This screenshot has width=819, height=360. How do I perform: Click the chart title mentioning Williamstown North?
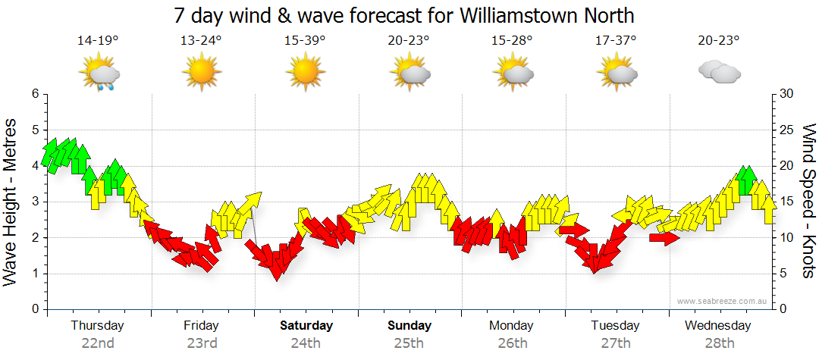pyautogui.click(x=403, y=15)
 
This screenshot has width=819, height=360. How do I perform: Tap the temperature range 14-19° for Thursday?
pyautogui.click(x=98, y=40)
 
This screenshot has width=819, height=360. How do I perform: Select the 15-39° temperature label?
pyautogui.click(x=305, y=40)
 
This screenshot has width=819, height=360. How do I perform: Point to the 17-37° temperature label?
pyautogui.click(x=616, y=40)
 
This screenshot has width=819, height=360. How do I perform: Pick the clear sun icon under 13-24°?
pyautogui.click(x=201, y=73)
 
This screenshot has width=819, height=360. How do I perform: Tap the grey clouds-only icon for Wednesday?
pyautogui.click(x=719, y=73)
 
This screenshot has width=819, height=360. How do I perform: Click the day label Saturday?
pyautogui.click(x=306, y=326)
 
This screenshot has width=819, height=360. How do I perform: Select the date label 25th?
pyautogui.click(x=409, y=343)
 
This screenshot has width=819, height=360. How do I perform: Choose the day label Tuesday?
pyautogui.click(x=615, y=326)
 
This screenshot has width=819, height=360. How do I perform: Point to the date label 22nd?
pyautogui.click(x=98, y=343)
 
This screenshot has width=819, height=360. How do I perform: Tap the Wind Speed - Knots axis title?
pyautogui.click(x=808, y=201)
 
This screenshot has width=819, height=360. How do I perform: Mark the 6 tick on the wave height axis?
pyautogui.click(x=34, y=94)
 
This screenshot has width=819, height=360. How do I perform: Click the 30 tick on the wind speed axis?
pyautogui.click(x=787, y=94)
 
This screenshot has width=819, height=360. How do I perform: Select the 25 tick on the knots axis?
pyautogui.click(x=787, y=130)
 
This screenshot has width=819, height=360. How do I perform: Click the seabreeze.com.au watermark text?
pyautogui.click(x=723, y=301)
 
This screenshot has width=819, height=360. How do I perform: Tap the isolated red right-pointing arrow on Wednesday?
pyautogui.click(x=664, y=238)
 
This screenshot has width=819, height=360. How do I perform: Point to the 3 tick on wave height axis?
pyautogui.click(x=34, y=202)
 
